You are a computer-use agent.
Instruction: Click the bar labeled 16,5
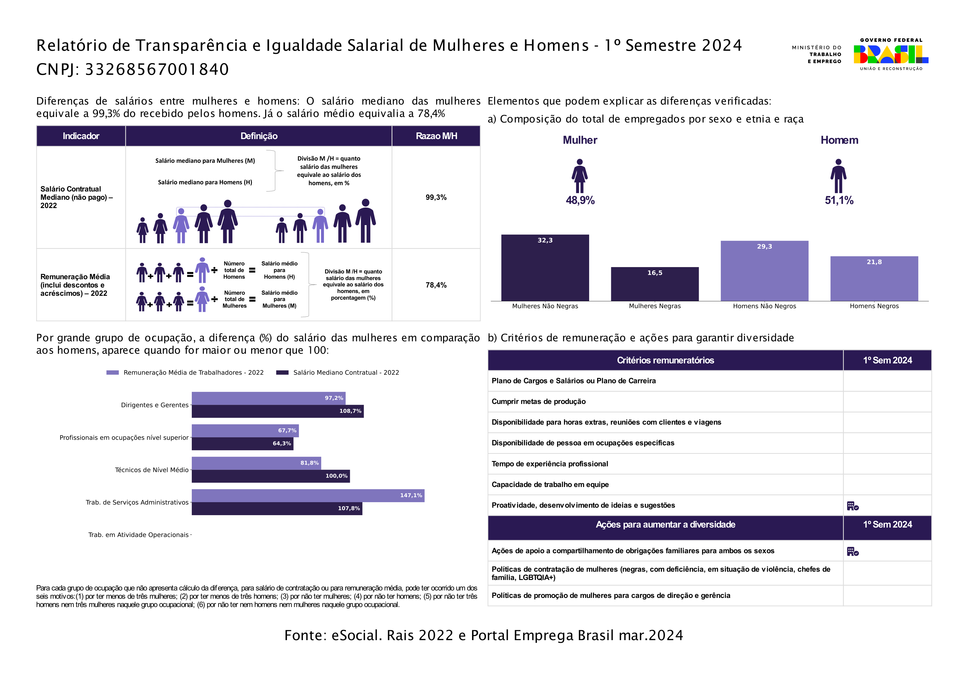click(x=655, y=284)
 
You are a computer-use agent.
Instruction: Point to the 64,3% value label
click(x=282, y=443)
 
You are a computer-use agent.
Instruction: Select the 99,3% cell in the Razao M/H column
click(x=436, y=197)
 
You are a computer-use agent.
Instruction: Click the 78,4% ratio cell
click(x=436, y=285)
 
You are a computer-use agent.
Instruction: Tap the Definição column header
click(x=259, y=136)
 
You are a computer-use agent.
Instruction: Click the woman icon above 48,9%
click(x=580, y=176)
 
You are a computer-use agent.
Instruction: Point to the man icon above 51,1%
click(x=839, y=176)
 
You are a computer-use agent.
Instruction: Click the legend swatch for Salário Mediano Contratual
click(x=282, y=372)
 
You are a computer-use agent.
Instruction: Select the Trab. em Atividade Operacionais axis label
click(x=138, y=535)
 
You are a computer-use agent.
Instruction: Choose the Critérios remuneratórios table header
click(x=665, y=360)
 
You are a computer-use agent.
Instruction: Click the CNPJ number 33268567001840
click(x=157, y=69)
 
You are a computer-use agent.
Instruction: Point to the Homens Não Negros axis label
click(x=764, y=306)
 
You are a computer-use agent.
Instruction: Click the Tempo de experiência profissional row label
click(x=550, y=464)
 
